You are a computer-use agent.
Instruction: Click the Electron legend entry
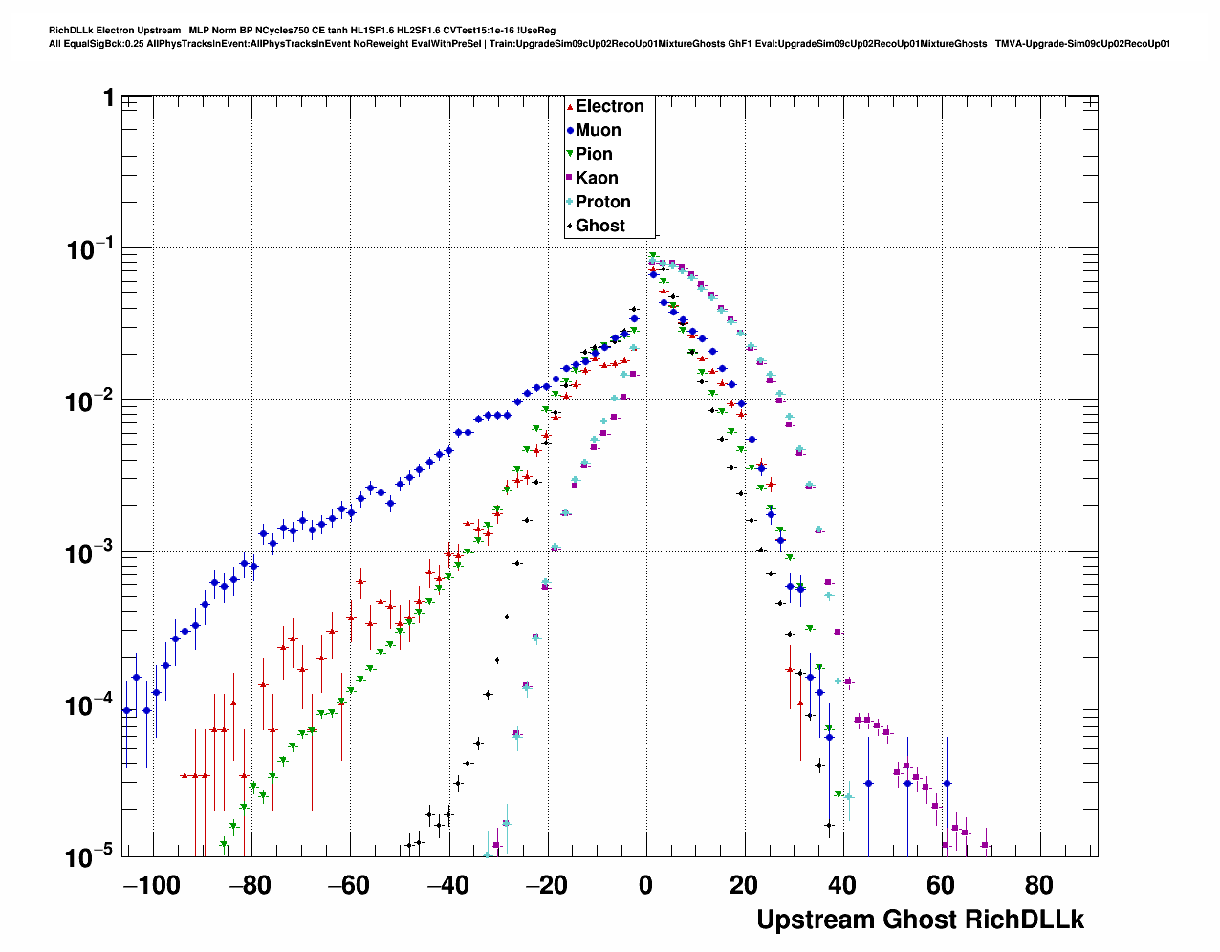[609, 107]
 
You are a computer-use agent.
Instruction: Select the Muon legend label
[598, 131]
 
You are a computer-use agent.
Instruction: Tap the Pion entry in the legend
[594, 155]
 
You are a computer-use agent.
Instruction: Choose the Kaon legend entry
[597, 179]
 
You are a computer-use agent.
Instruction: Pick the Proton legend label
[602, 203]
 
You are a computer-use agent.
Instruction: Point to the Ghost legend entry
[599, 227]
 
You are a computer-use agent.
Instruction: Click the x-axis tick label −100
[152, 885]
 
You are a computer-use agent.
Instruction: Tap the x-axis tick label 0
[646, 885]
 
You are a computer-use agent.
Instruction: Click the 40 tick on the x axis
[842, 885]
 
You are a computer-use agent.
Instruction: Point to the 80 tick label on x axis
[1039, 885]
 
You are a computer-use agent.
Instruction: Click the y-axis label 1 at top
[109, 97]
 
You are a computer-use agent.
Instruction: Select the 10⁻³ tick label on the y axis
[90, 552]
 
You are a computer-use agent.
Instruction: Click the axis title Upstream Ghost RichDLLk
[920, 920]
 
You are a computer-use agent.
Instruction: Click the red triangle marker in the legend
[570, 107]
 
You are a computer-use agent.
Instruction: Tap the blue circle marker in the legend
[570, 131]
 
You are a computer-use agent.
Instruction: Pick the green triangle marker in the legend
[570, 155]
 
